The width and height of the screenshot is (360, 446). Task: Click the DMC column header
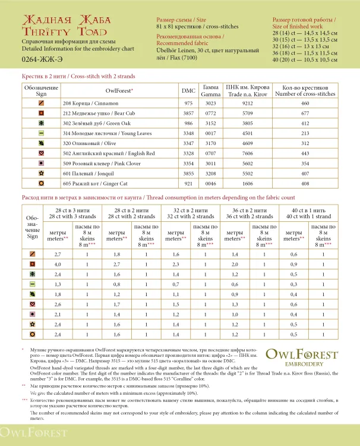tap(188, 91)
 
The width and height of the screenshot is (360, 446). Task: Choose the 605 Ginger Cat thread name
tap(85, 184)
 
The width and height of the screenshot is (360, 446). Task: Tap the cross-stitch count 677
tap(305, 114)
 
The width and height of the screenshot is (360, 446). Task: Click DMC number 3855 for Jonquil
tap(188, 174)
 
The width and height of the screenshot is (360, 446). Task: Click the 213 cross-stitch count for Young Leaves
tap(305, 134)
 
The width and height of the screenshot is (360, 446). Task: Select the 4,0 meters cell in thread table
tap(58, 263)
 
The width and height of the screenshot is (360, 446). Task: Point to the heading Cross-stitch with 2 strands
tap(78, 76)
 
